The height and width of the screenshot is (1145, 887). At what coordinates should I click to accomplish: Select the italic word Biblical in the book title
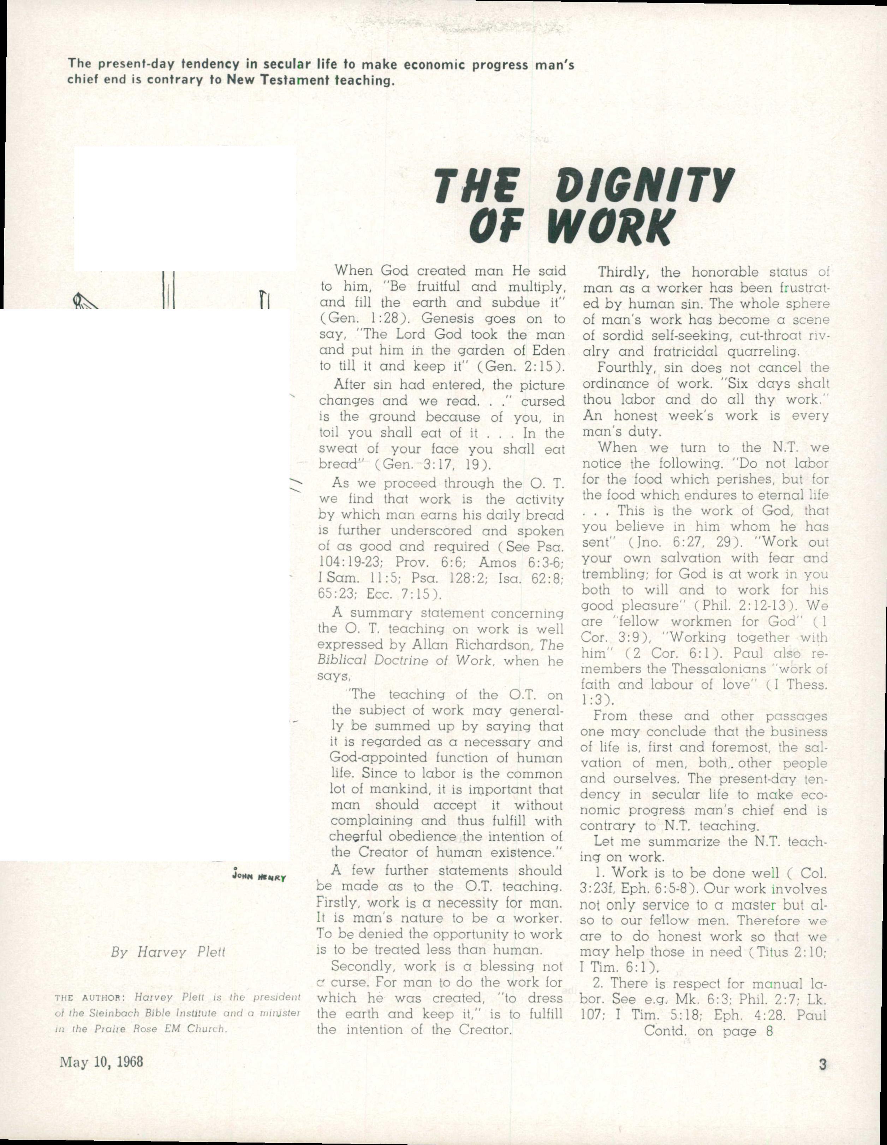click(344, 661)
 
